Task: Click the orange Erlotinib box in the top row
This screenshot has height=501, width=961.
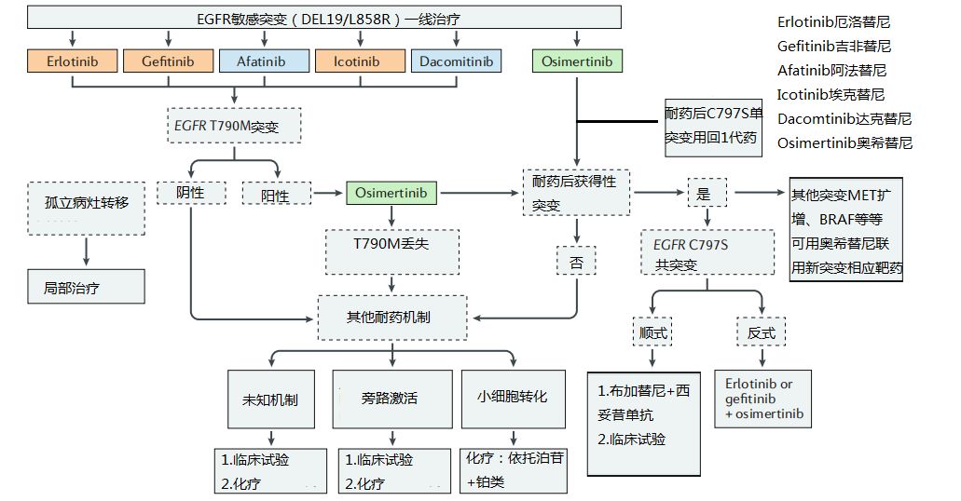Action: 72,61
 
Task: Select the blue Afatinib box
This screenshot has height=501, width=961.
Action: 265,61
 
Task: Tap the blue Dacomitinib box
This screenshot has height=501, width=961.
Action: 456,61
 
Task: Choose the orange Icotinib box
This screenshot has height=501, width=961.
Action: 359,61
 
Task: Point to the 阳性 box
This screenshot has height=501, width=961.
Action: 276,194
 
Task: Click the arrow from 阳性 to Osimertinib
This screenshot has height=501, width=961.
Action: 327,193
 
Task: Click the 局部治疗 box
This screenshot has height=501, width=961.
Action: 86,287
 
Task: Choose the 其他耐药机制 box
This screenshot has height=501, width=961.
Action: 388,317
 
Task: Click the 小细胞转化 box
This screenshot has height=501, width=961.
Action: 513,397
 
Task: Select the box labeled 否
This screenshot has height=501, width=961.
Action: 575,262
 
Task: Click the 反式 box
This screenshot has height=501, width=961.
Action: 761,332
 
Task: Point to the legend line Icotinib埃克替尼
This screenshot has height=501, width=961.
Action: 831,94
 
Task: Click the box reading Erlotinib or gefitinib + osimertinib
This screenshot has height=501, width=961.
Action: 765,399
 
